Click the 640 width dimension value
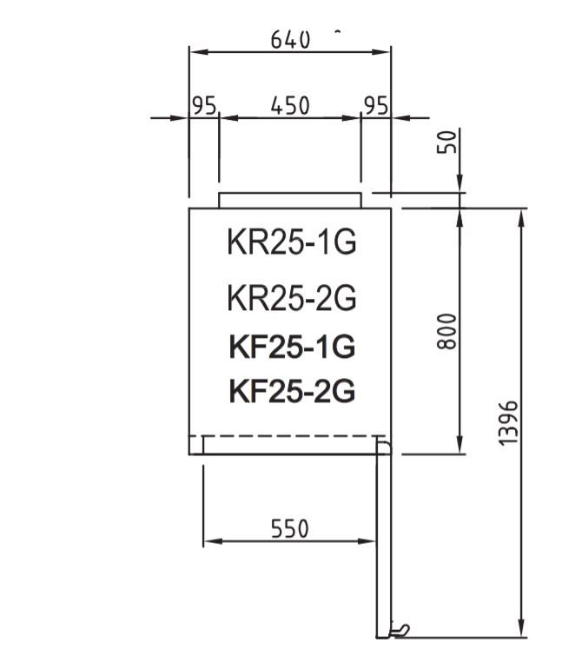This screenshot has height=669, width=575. [290, 40]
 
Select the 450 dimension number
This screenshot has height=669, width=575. [290, 106]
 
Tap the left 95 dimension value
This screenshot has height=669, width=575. [203, 106]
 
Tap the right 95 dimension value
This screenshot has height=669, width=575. [376, 106]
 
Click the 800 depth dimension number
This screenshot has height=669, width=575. [446, 331]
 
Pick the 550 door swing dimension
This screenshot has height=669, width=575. [289, 529]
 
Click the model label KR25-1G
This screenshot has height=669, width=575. [292, 243]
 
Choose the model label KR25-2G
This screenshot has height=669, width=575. [292, 298]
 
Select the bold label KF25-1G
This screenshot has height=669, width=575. [292, 347]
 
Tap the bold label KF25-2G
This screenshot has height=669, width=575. [292, 392]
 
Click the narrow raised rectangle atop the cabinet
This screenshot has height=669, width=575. [289, 201]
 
